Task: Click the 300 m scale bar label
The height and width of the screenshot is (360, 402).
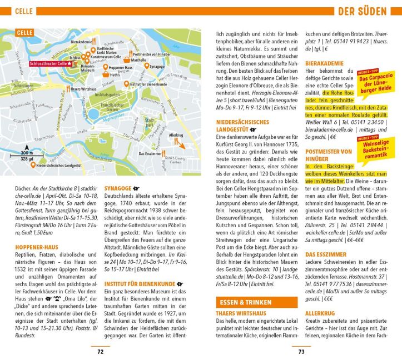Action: [x=27, y=152]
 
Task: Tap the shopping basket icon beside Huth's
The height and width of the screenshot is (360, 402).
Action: [x=106, y=74]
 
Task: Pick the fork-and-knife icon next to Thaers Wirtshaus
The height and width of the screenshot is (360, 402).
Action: [x=68, y=89]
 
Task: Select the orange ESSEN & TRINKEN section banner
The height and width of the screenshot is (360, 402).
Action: [x=244, y=303]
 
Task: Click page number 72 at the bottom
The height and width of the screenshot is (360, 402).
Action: [x=100, y=351]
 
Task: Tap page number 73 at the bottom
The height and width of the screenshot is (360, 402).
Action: [x=301, y=351]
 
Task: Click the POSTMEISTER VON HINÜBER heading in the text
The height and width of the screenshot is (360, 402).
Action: [x=329, y=155]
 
